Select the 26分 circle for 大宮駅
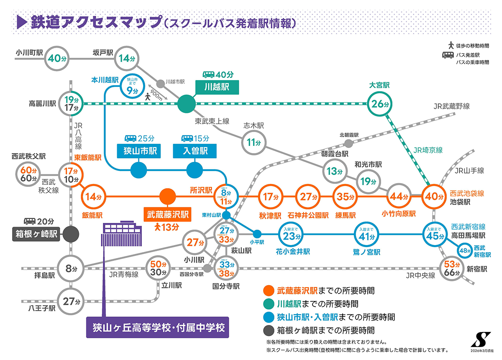[x=378, y=104]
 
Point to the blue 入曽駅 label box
[x=194, y=151]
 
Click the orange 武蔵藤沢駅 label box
[x=167, y=215]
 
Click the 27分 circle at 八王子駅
[x=68, y=301]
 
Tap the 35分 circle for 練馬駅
[x=343, y=197]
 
